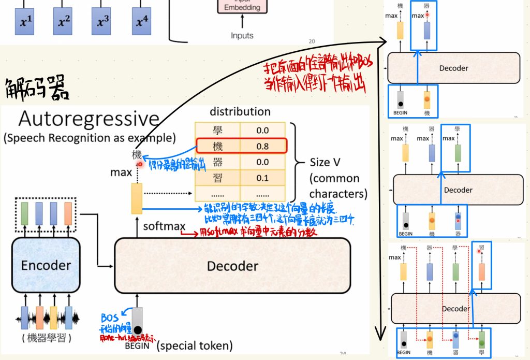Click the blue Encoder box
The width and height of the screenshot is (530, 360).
coord(45,265)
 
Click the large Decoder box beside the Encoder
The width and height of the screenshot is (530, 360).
coord(232,266)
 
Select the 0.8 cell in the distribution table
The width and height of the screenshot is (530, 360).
coord(262,146)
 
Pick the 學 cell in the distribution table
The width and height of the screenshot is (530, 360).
coord(217,130)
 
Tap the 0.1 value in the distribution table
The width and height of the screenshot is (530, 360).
coord(262,178)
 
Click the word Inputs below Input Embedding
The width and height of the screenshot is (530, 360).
coord(242,36)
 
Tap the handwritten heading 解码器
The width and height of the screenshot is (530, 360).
coord(36,89)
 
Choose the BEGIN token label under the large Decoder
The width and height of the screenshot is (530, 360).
coord(137,345)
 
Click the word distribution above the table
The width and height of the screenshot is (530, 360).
coord(240,111)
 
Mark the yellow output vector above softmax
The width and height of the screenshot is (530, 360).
coord(137,198)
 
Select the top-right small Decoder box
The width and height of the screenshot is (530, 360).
coord(453,68)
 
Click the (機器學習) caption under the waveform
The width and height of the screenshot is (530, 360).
coord(45,339)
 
